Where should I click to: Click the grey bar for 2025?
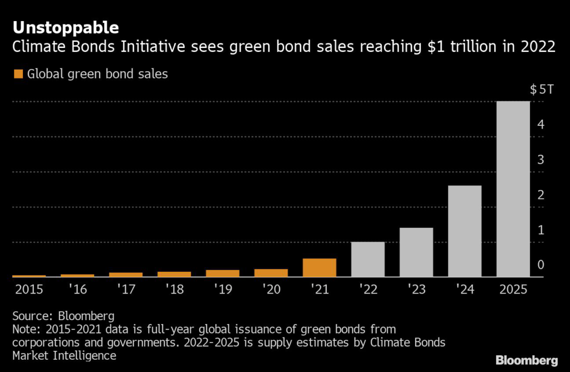click(513, 189)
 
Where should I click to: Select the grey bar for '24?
click(464, 231)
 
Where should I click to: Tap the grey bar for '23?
click(416, 252)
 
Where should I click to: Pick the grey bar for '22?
click(368, 259)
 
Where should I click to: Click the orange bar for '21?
click(320, 267)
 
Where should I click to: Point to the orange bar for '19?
click(223, 273)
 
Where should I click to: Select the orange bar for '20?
click(271, 272)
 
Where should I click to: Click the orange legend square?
click(18, 74)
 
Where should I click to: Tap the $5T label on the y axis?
click(541, 89)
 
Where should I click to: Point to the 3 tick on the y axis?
click(540, 160)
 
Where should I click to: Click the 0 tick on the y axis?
click(540, 265)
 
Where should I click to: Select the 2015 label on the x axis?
click(28, 290)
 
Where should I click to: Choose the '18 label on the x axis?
click(174, 290)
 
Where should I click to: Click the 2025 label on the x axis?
click(513, 290)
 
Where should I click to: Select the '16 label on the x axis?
click(77, 290)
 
